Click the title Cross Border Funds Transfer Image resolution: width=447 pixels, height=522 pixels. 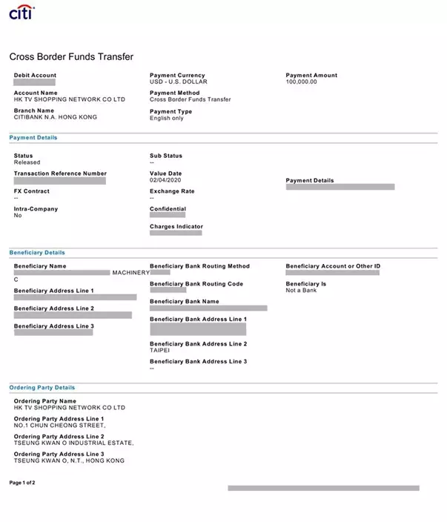pyautogui.click(x=71, y=57)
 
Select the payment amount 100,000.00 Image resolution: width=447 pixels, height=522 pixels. pyautogui.click(x=301, y=82)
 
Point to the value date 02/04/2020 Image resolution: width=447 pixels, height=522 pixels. pyautogui.click(x=165, y=180)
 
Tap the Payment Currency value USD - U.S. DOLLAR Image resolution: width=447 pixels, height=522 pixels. pyautogui.click(x=178, y=82)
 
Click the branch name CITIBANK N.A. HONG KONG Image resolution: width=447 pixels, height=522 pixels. pyautogui.click(x=55, y=117)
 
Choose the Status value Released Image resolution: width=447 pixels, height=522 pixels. pyautogui.click(x=27, y=162)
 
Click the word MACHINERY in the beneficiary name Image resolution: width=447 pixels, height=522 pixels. pyautogui.click(x=130, y=273)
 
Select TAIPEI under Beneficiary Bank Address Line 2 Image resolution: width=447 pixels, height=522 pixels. pyautogui.click(x=159, y=350)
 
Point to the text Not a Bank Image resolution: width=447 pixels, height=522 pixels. pyautogui.click(x=301, y=290)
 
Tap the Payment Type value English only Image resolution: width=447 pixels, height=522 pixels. pyautogui.click(x=166, y=118)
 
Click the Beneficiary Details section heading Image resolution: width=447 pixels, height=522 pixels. pyautogui.click(x=37, y=253)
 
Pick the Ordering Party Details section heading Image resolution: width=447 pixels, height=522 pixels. pyautogui.click(x=42, y=388)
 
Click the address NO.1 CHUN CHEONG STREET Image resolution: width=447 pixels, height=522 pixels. pyautogui.click(x=59, y=426)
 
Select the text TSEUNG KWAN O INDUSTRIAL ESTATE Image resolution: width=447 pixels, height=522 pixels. pyautogui.click(x=73, y=443)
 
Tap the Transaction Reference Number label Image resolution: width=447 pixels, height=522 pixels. pyautogui.click(x=60, y=174)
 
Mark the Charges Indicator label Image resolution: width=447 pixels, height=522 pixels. pyautogui.click(x=176, y=227)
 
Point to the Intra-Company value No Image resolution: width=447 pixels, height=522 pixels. pyautogui.click(x=18, y=216)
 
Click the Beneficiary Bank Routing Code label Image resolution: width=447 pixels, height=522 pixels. pyautogui.click(x=196, y=284)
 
